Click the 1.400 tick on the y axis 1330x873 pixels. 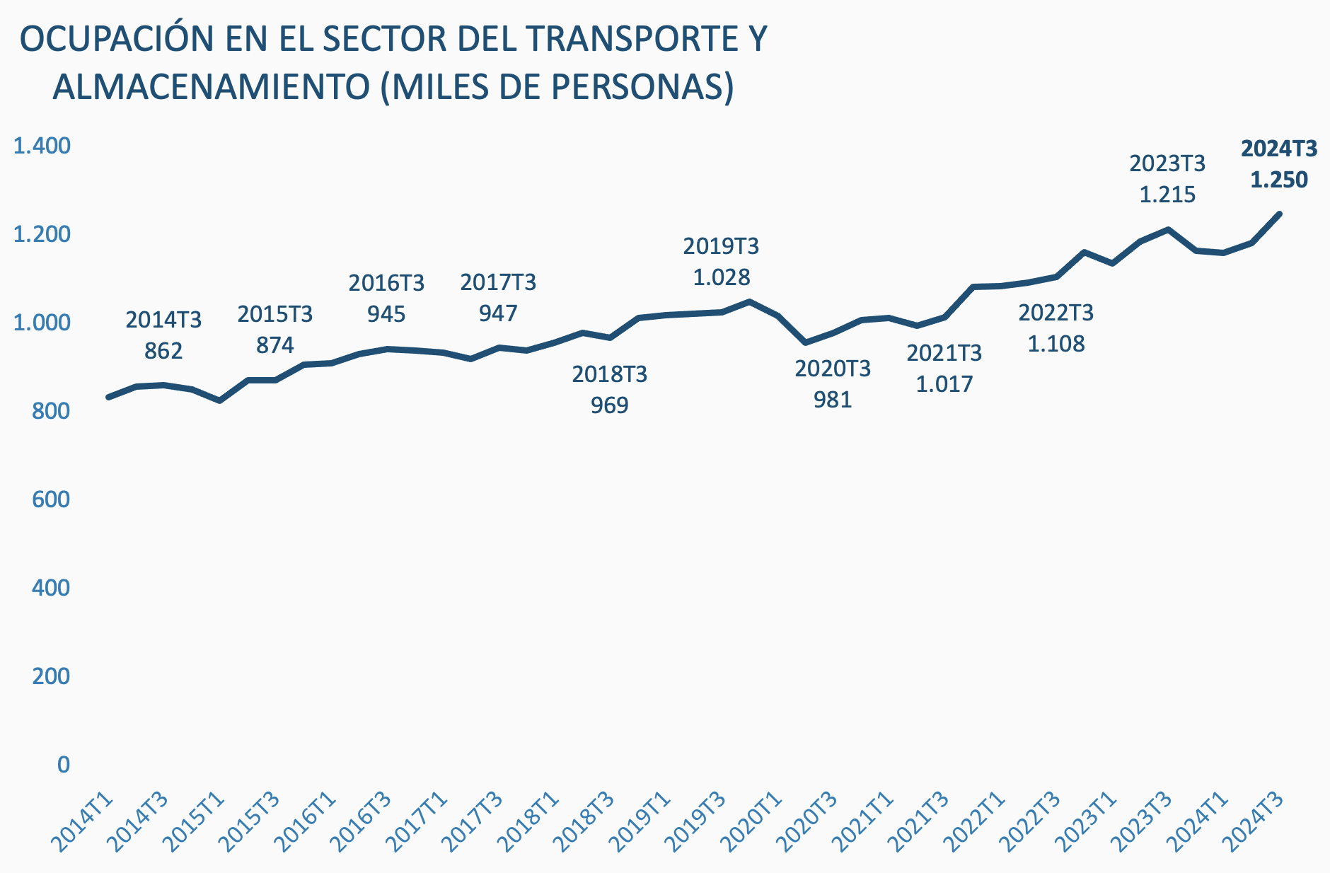42,146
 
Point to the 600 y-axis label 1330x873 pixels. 51,499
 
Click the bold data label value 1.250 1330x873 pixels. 1279,180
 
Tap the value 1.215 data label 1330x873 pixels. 1167,195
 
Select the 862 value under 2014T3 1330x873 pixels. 163,351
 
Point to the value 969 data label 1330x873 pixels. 609,405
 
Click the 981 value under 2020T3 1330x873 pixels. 833,400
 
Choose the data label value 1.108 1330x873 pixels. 1056,344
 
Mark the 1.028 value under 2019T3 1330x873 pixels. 721,277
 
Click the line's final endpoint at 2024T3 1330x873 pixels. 1279,214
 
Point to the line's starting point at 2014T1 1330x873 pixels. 108,397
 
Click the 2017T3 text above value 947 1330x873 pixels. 498,283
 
